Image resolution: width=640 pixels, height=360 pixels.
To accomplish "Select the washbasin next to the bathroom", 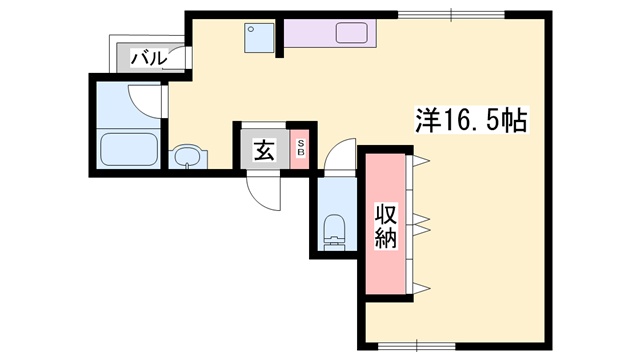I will click(x=186, y=157).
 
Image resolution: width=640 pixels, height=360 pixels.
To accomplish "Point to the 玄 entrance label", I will click(x=263, y=151).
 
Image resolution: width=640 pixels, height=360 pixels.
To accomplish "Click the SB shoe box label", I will click(x=301, y=151).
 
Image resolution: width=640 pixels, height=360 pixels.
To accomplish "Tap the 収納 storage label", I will click(x=386, y=225).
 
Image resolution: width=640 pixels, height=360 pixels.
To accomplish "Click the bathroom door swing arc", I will click(x=148, y=98).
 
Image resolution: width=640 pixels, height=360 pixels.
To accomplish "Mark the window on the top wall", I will click(x=451, y=14).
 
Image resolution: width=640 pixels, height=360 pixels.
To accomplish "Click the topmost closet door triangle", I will click(x=421, y=160).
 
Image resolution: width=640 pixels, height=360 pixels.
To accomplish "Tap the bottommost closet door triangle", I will click(x=421, y=289).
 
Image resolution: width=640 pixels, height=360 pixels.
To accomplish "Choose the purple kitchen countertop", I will click(x=330, y=32).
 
